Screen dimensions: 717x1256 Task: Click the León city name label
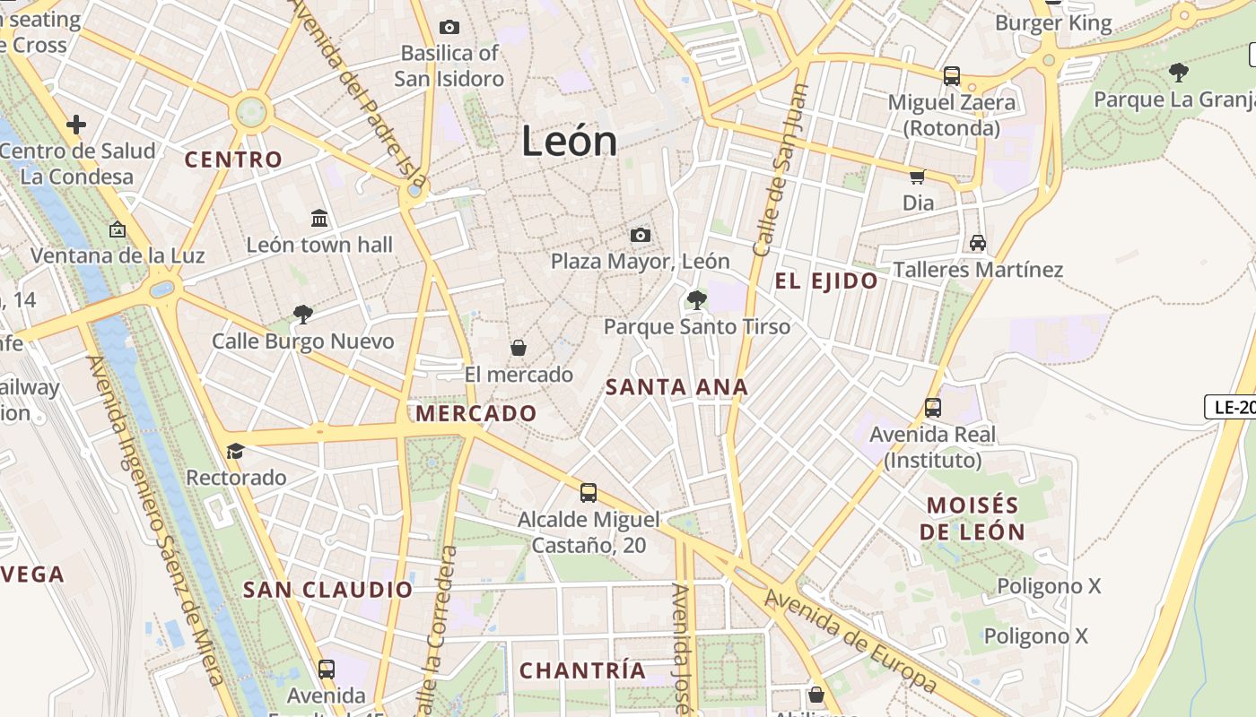click(x=570, y=142)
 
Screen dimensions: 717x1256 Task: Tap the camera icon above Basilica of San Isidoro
click(x=449, y=28)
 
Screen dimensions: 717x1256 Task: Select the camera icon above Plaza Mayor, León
click(x=640, y=235)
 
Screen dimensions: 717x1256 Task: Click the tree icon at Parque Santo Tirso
click(x=696, y=299)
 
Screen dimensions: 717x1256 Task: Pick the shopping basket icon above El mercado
click(x=518, y=348)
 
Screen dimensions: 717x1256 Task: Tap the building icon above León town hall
click(x=319, y=218)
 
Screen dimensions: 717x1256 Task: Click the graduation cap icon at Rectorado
click(x=236, y=451)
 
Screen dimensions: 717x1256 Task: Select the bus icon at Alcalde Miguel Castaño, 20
click(x=589, y=492)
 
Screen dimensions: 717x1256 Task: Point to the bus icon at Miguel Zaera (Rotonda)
click(x=952, y=76)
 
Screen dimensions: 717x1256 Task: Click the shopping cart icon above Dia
click(x=918, y=177)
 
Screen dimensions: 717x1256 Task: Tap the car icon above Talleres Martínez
click(x=978, y=243)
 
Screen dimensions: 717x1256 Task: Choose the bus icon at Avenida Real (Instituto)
click(x=933, y=408)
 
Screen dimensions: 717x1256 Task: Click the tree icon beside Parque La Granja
click(x=1178, y=73)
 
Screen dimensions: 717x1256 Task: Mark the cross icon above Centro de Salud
click(x=76, y=124)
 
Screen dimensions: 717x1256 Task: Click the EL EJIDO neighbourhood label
click(x=826, y=281)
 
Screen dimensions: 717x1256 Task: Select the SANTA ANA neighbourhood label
click(x=676, y=387)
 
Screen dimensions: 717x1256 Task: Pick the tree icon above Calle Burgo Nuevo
click(x=303, y=315)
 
